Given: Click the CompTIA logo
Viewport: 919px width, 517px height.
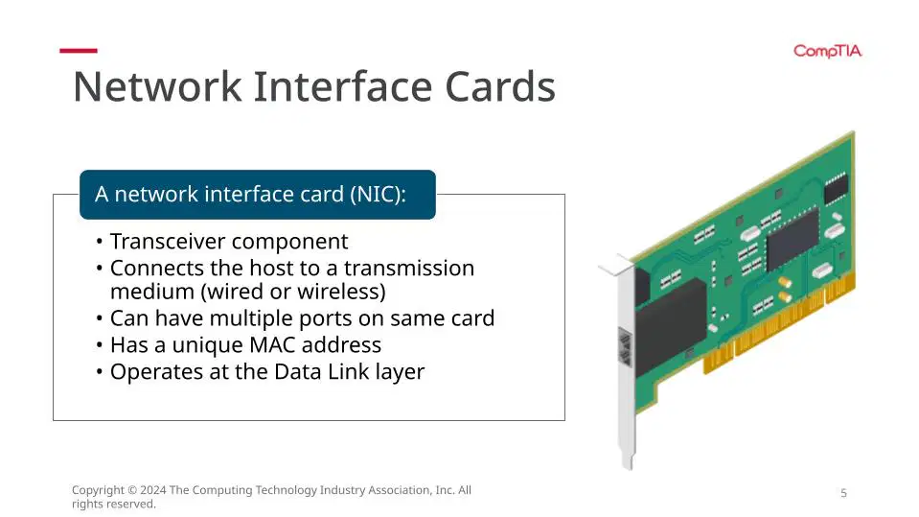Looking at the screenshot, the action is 828,52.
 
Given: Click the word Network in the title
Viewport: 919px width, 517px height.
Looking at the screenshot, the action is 157,87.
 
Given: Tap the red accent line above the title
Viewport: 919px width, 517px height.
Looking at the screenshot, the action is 79,51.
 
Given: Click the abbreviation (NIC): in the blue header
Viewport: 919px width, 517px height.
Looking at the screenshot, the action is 378,195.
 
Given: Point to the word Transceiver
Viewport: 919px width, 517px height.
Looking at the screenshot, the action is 176,241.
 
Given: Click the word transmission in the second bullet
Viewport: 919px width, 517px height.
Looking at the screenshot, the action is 409,269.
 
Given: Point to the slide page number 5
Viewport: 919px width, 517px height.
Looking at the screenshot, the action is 844,493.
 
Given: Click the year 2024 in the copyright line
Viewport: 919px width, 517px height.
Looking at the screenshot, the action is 153,490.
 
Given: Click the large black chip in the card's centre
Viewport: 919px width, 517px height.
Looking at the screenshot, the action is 793,240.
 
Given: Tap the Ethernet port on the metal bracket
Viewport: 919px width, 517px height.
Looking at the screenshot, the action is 626,347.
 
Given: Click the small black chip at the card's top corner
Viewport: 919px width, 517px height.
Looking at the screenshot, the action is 836,188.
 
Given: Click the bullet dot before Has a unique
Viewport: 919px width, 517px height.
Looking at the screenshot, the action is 100,345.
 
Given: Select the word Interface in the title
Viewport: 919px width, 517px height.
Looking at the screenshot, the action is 343,87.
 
